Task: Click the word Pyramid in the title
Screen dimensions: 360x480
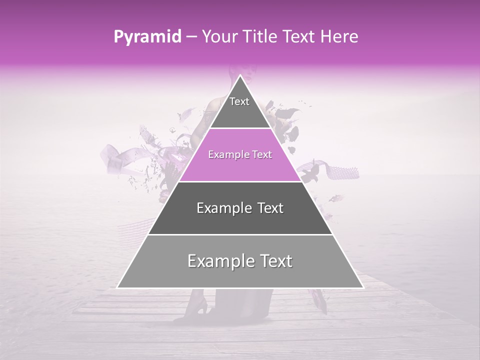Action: (x=147, y=37)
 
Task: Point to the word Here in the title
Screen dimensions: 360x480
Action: (x=339, y=37)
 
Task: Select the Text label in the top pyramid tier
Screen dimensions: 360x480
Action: (x=239, y=101)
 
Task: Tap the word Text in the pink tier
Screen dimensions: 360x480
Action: (x=261, y=155)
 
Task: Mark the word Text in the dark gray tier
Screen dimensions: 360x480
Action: (x=270, y=208)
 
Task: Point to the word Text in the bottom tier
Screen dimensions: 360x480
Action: (x=275, y=261)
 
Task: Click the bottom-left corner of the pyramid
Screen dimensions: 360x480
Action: (x=117, y=287)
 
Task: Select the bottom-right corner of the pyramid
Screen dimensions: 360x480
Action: (x=363, y=287)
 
